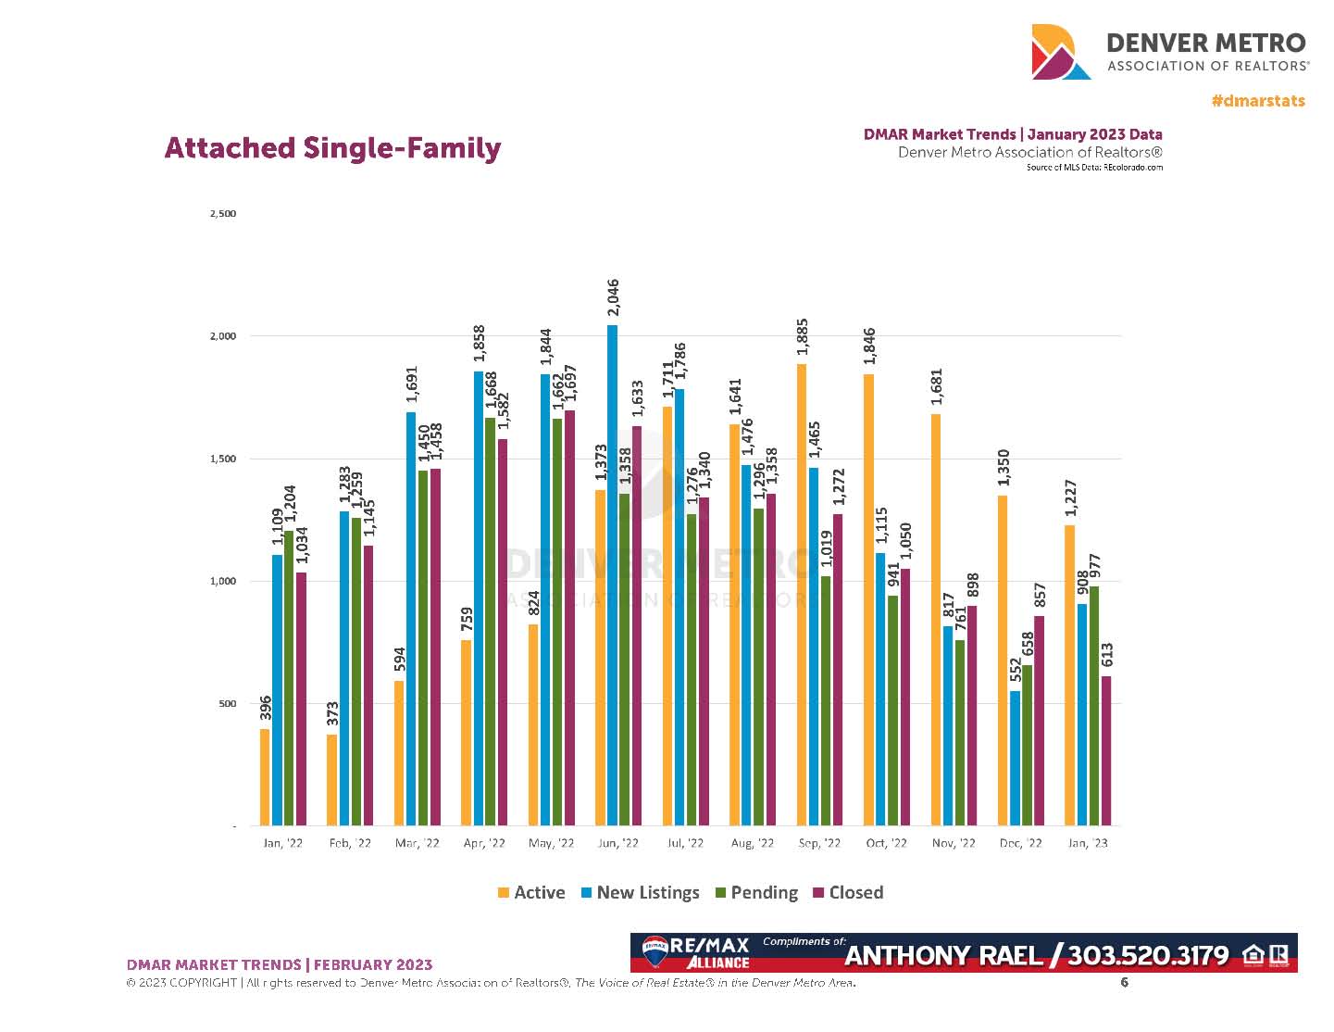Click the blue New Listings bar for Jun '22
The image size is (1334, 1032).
[x=612, y=574]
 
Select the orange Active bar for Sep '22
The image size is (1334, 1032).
[x=802, y=594]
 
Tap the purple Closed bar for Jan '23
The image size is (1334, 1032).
[x=1106, y=750]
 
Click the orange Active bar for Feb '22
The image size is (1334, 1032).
[x=332, y=779]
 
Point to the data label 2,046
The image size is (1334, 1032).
[x=613, y=298]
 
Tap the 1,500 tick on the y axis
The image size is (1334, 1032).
[x=223, y=459]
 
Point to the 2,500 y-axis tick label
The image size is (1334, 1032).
[x=223, y=214]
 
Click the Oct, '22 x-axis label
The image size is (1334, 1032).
[x=886, y=843]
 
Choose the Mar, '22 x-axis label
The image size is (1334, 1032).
[x=418, y=843]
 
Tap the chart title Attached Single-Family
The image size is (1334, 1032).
[x=332, y=148]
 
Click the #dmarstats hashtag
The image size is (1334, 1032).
[x=1258, y=100]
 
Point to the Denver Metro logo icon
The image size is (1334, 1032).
[x=1061, y=53]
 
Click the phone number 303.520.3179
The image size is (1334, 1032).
[x=1148, y=956]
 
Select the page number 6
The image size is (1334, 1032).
[x=1125, y=982]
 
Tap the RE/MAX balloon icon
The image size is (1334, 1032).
[x=655, y=948]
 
